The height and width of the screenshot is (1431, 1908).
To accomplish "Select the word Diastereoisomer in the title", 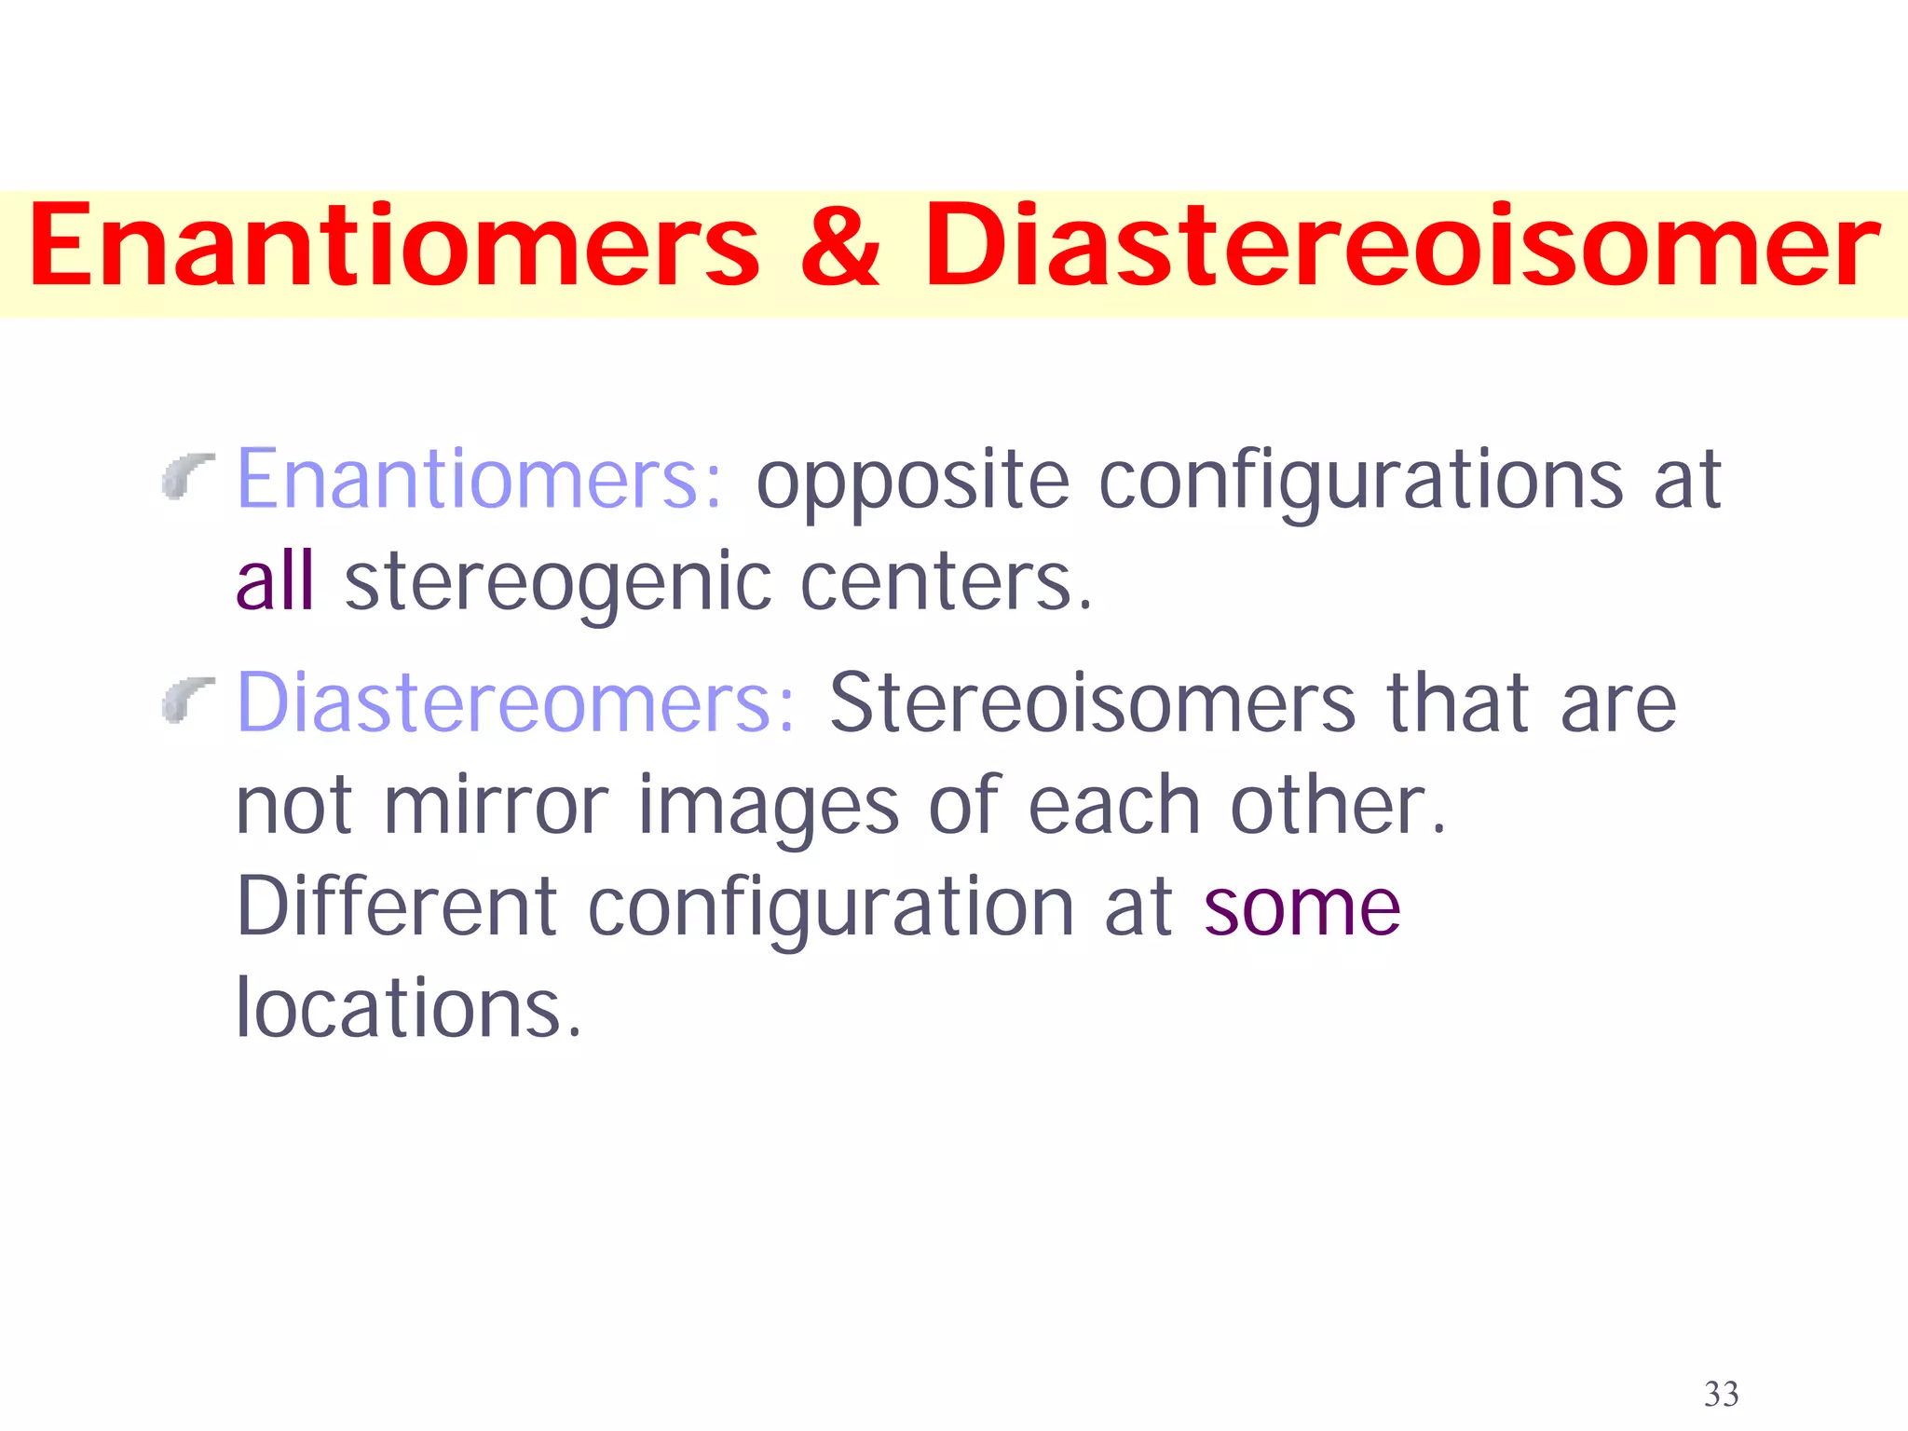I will [1401, 248].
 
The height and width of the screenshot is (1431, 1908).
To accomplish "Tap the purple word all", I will [275, 581].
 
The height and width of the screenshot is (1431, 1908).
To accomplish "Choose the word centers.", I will [946, 583].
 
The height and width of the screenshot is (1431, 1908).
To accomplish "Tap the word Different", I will [397, 907].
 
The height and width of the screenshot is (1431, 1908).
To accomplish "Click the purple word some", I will [1302, 909].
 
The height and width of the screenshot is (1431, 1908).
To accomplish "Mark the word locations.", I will [408, 1008].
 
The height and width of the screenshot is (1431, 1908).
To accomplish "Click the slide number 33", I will [1721, 1395].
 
